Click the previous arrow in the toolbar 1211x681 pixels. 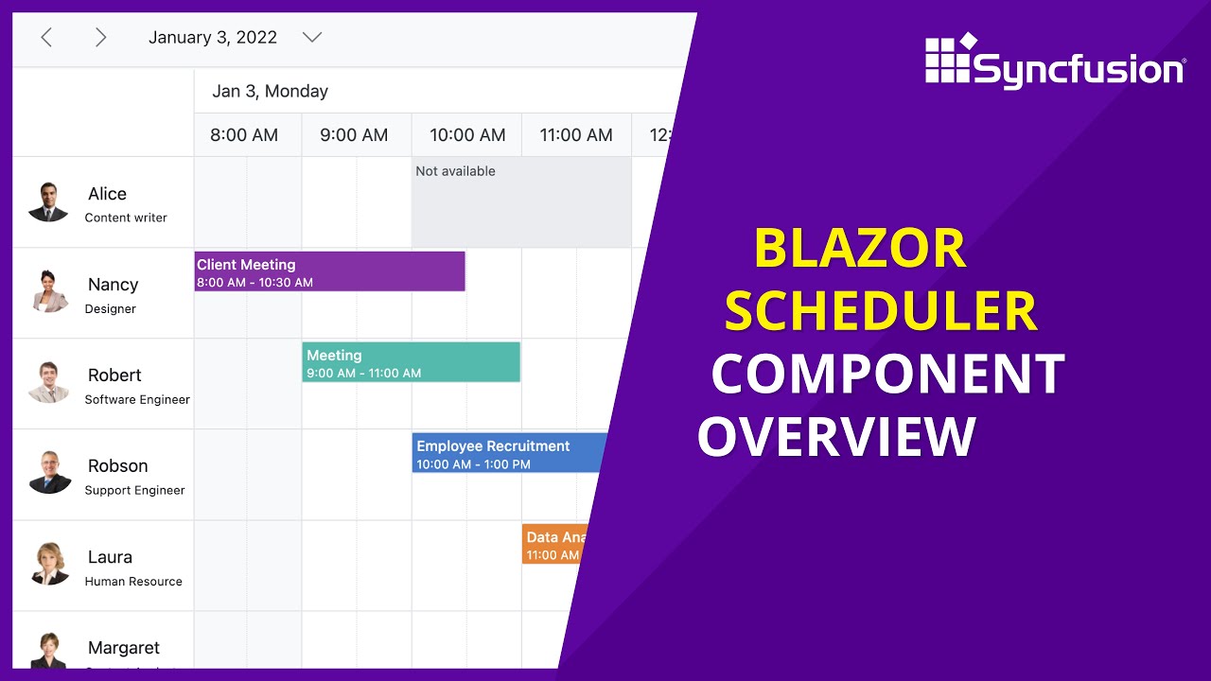[x=46, y=38]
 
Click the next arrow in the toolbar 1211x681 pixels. [x=100, y=38]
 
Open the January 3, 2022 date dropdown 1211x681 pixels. [x=311, y=38]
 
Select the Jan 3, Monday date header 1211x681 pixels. [x=270, y=92]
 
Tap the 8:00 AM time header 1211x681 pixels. [x=244, y=135]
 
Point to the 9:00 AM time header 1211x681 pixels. [x=354, y=135]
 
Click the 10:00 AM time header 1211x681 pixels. [x=467, y=135]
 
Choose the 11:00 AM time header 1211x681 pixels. [x=576, y=135]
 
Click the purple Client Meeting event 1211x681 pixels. [x=329, y=271]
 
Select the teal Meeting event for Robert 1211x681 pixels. [x=411, y=362]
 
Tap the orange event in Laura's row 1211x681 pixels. [x=552, y=545]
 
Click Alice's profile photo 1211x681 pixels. [x=48, y=202]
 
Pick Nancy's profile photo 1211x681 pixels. [x=48, y=292]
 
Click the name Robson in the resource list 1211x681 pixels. [x=117, y=466]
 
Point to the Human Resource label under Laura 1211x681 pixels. [x=133, y=582]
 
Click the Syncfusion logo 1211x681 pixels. [x=1054, y=62]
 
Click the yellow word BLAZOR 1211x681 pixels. [x=859, y=250]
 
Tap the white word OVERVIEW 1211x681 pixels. [x=836, y=438]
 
